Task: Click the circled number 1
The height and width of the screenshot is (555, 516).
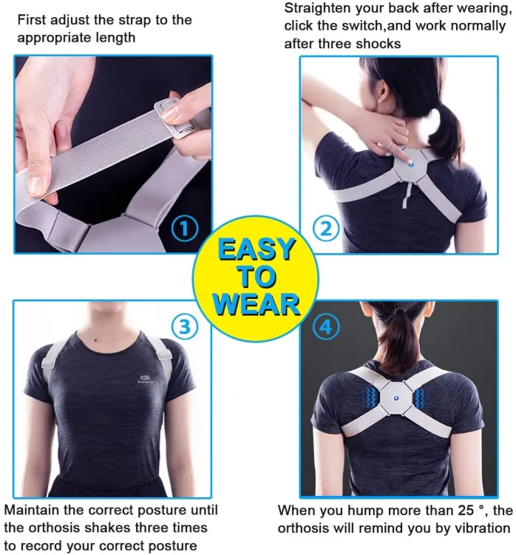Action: tap(184, 229)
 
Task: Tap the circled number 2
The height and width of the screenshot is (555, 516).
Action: tap(326, 229)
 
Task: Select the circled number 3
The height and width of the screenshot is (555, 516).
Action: tap(185, 326)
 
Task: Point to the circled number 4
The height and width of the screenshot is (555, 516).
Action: tap(326, 326)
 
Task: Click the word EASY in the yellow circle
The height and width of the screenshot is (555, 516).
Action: tap(256, 249)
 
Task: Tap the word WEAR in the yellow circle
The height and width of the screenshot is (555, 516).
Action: tap(257, 304)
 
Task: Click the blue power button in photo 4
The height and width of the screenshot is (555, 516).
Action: tap(396, 399)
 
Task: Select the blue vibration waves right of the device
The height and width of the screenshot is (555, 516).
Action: tap(420, 399)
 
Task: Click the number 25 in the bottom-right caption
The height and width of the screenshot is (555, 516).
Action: tap(465, 510)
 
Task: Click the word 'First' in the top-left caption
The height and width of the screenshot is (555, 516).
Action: tap(32, 20)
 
